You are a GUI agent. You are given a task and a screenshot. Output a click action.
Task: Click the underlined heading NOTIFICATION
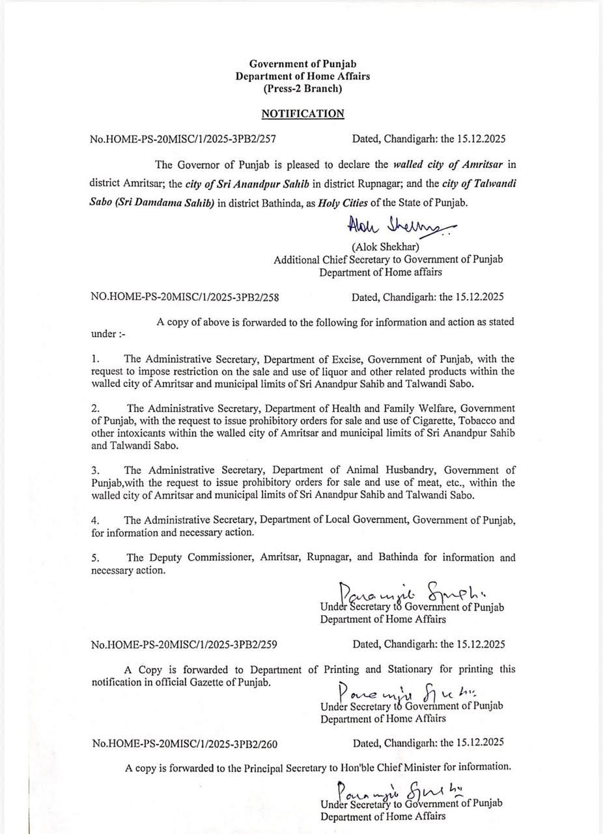(302, 114)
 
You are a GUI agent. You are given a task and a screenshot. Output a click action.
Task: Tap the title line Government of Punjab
(302, 63)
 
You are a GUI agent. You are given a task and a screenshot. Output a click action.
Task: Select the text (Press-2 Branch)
(302, 89)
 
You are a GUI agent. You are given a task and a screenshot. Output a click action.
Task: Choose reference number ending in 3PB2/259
(185, 645)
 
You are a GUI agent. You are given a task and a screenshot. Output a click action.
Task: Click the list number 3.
(95, 470)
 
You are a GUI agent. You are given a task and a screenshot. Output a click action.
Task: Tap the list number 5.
(95, 558)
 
